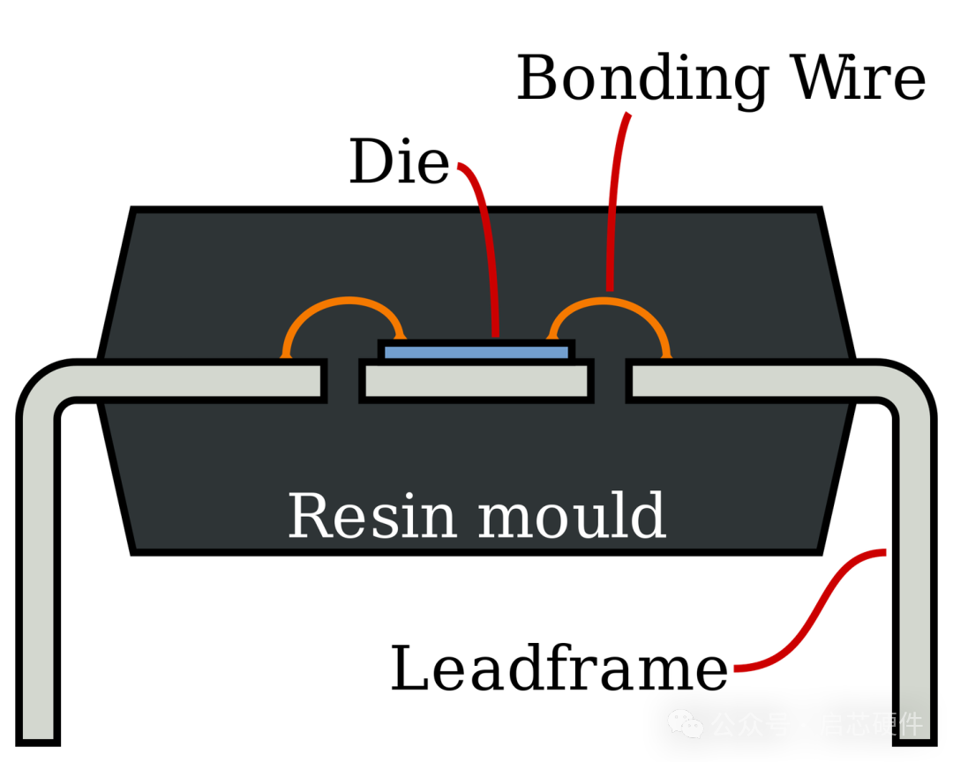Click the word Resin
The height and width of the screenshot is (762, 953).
pyautogui.click(x=371, y=516)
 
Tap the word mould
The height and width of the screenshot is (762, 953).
pyautogui.click(x=571, y=516)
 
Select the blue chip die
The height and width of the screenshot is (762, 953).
pyautogui.click(x=476, y=353)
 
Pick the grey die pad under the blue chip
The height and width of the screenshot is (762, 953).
pyautogui.click(x=476, y=382)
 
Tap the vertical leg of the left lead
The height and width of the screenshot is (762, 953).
pyautogui.click(x=38, y=573)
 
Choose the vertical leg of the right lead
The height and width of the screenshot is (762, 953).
pyautogui.click(x=915, y=573)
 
